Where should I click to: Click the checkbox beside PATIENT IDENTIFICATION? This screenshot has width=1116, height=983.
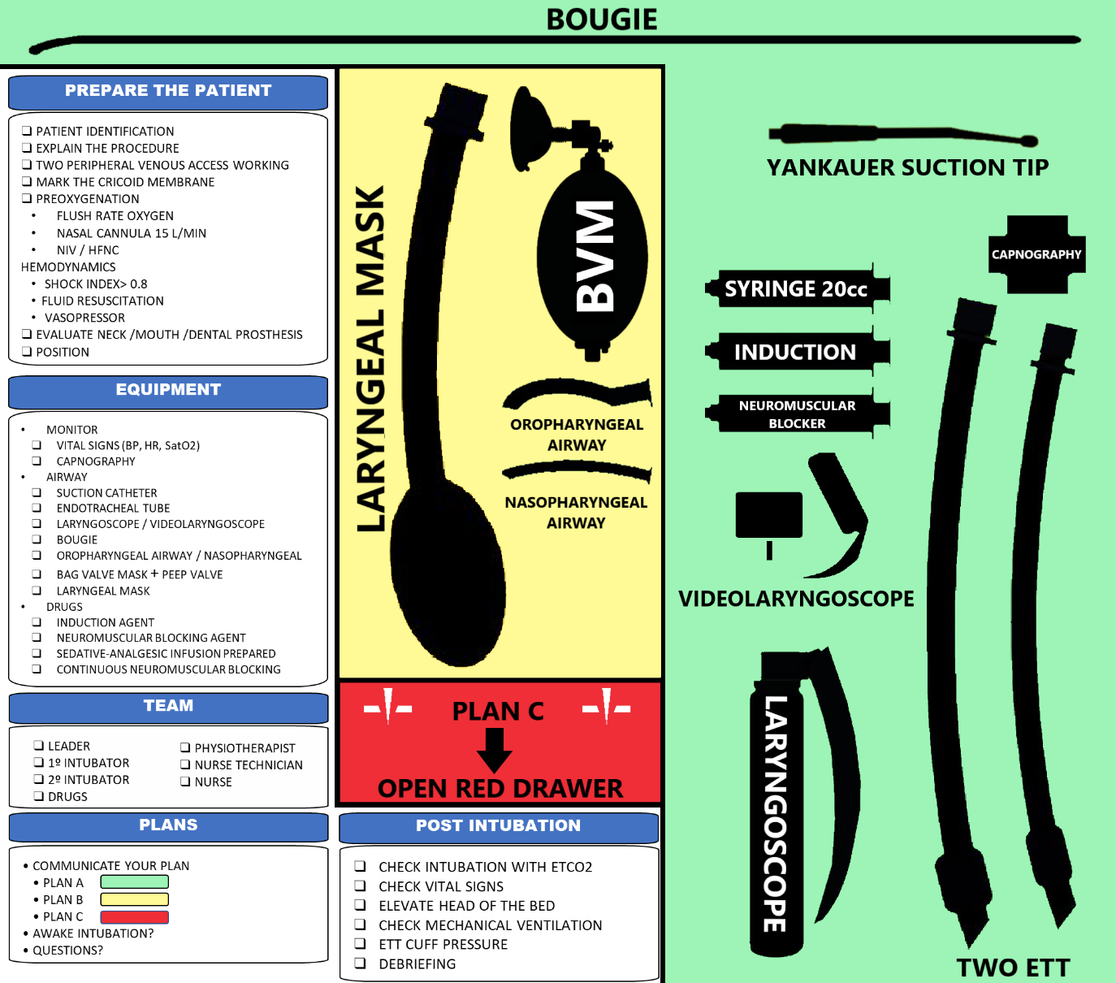coord(27,131)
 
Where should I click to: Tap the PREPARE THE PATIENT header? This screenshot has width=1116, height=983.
coord(168,91)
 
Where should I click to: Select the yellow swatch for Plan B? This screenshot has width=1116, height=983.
coord(134,899)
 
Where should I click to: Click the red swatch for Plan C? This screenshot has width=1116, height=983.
coord(134,917)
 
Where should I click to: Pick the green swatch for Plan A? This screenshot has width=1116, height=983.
coord(134,882)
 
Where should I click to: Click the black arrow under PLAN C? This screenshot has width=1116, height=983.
coord(494,750)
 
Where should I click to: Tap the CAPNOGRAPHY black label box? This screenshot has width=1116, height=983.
coord(1036,254)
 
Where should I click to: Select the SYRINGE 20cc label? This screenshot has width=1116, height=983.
coord(796,289)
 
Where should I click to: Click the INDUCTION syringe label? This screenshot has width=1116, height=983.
coord(795,352)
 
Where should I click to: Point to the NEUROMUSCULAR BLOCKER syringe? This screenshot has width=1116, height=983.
coord(797,414)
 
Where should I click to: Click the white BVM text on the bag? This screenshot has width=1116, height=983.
coord(595,256)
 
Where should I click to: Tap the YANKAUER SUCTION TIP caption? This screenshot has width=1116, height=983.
coord(907,167)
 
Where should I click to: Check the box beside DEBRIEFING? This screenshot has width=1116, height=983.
coord(360,964)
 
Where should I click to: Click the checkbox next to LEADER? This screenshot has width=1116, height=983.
coord(38,746)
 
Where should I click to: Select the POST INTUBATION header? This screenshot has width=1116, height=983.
coord(498,826)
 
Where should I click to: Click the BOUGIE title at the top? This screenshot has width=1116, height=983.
coord(601,19)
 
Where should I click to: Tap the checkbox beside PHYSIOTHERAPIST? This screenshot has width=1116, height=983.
coord(185,747)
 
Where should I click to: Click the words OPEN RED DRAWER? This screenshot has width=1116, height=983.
coord(500,788)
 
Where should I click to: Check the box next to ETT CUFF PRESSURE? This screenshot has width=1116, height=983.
coord(360,944)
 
